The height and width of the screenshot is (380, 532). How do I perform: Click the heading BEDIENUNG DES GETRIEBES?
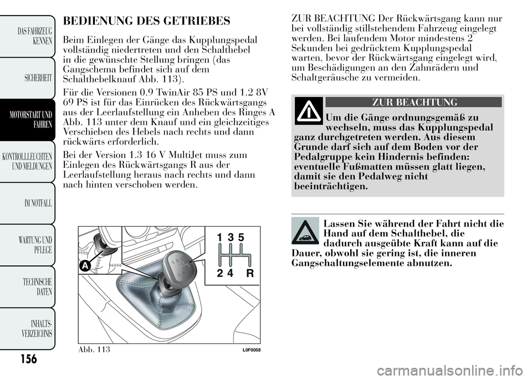pyautogui.click(x=147, y=22)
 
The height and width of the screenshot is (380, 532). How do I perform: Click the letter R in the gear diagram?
pyautogui.click(x=250, y=273)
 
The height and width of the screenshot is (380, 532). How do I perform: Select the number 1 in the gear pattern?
pyautogui.click(x=219, y=238)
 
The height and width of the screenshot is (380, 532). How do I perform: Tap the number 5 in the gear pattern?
pyautogui.click(x=241, y=238)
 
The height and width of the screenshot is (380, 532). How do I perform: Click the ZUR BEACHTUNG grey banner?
pyautogui.click(x=413, y=102)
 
